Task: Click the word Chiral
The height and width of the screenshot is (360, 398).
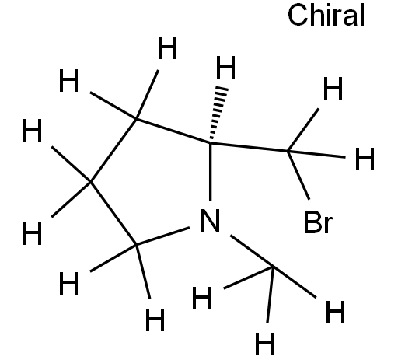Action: pos(326,15)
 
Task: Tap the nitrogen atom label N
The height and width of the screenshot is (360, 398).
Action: pos(210,220)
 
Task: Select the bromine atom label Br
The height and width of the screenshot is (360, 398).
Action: pos(318,222)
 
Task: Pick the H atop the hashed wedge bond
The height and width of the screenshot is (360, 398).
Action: pos(225,67)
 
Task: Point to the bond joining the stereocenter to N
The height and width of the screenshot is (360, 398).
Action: pos(210,171)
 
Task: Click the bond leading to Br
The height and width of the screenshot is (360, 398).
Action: pos(298,175)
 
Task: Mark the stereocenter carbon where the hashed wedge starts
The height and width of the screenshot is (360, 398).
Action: pos(210,142)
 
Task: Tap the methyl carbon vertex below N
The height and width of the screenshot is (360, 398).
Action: pos(273,267)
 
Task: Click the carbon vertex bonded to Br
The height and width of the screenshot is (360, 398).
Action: pos(288,151)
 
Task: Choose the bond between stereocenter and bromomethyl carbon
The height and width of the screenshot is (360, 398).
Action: pos(249,146)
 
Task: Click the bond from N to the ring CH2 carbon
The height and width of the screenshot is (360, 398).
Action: pos(162,236)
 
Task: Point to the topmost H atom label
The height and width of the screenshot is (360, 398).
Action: pos(167,47)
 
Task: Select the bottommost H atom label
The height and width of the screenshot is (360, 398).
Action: pos(264,344)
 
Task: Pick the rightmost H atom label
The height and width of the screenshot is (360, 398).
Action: pos(365,159)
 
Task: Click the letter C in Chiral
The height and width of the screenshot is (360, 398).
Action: pos(297,15)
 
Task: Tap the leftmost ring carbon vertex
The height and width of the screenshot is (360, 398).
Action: pos(90,182)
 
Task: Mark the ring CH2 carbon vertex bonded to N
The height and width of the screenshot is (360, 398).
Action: pos(136,244)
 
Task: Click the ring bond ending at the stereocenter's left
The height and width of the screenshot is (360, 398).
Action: pos(173,131)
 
